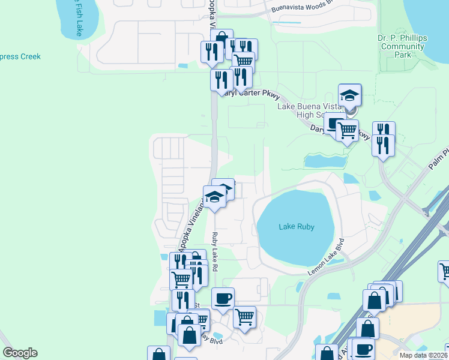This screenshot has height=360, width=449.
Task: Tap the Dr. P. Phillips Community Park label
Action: pyautogui.click(x=403, y=46)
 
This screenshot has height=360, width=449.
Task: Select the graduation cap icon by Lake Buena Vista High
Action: pyautogui.click(x=349, y=95)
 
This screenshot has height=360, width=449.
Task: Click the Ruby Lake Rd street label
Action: pyautogui.click(x=214, y=251)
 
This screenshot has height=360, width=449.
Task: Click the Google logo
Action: pyautogui.click(x=20, y=353)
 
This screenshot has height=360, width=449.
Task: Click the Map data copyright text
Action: pyautogui.click(x=424, y=355)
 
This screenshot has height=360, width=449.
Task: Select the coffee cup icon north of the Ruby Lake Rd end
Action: pyautogui.click(x=223, y=298)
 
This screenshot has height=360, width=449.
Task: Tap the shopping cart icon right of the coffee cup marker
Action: pyautogui.click(x=244, y=316)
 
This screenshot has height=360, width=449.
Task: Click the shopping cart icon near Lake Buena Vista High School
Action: pyautogui.click(x=347, y=130)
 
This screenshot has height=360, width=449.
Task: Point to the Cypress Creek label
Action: pyautogui.click(x=20, y=56)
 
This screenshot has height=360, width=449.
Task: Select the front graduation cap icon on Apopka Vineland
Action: pyautogui.click(x=214, y=196)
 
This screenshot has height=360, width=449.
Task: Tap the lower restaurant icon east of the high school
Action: pyautogui.click(x=382, y=145)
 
